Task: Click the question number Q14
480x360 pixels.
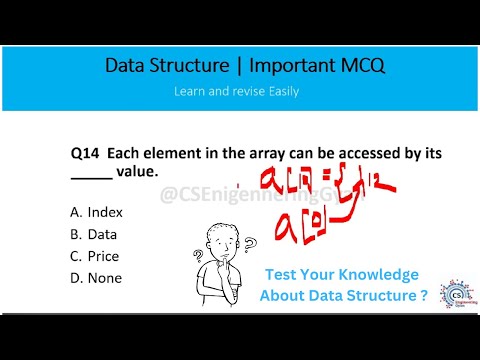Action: pos(85,154)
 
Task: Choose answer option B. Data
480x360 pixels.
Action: pos(94,234)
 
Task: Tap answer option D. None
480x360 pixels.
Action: pos(96,277)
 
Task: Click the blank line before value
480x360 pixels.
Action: pos(92,177)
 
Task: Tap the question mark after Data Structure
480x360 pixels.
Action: pos(425,296)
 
